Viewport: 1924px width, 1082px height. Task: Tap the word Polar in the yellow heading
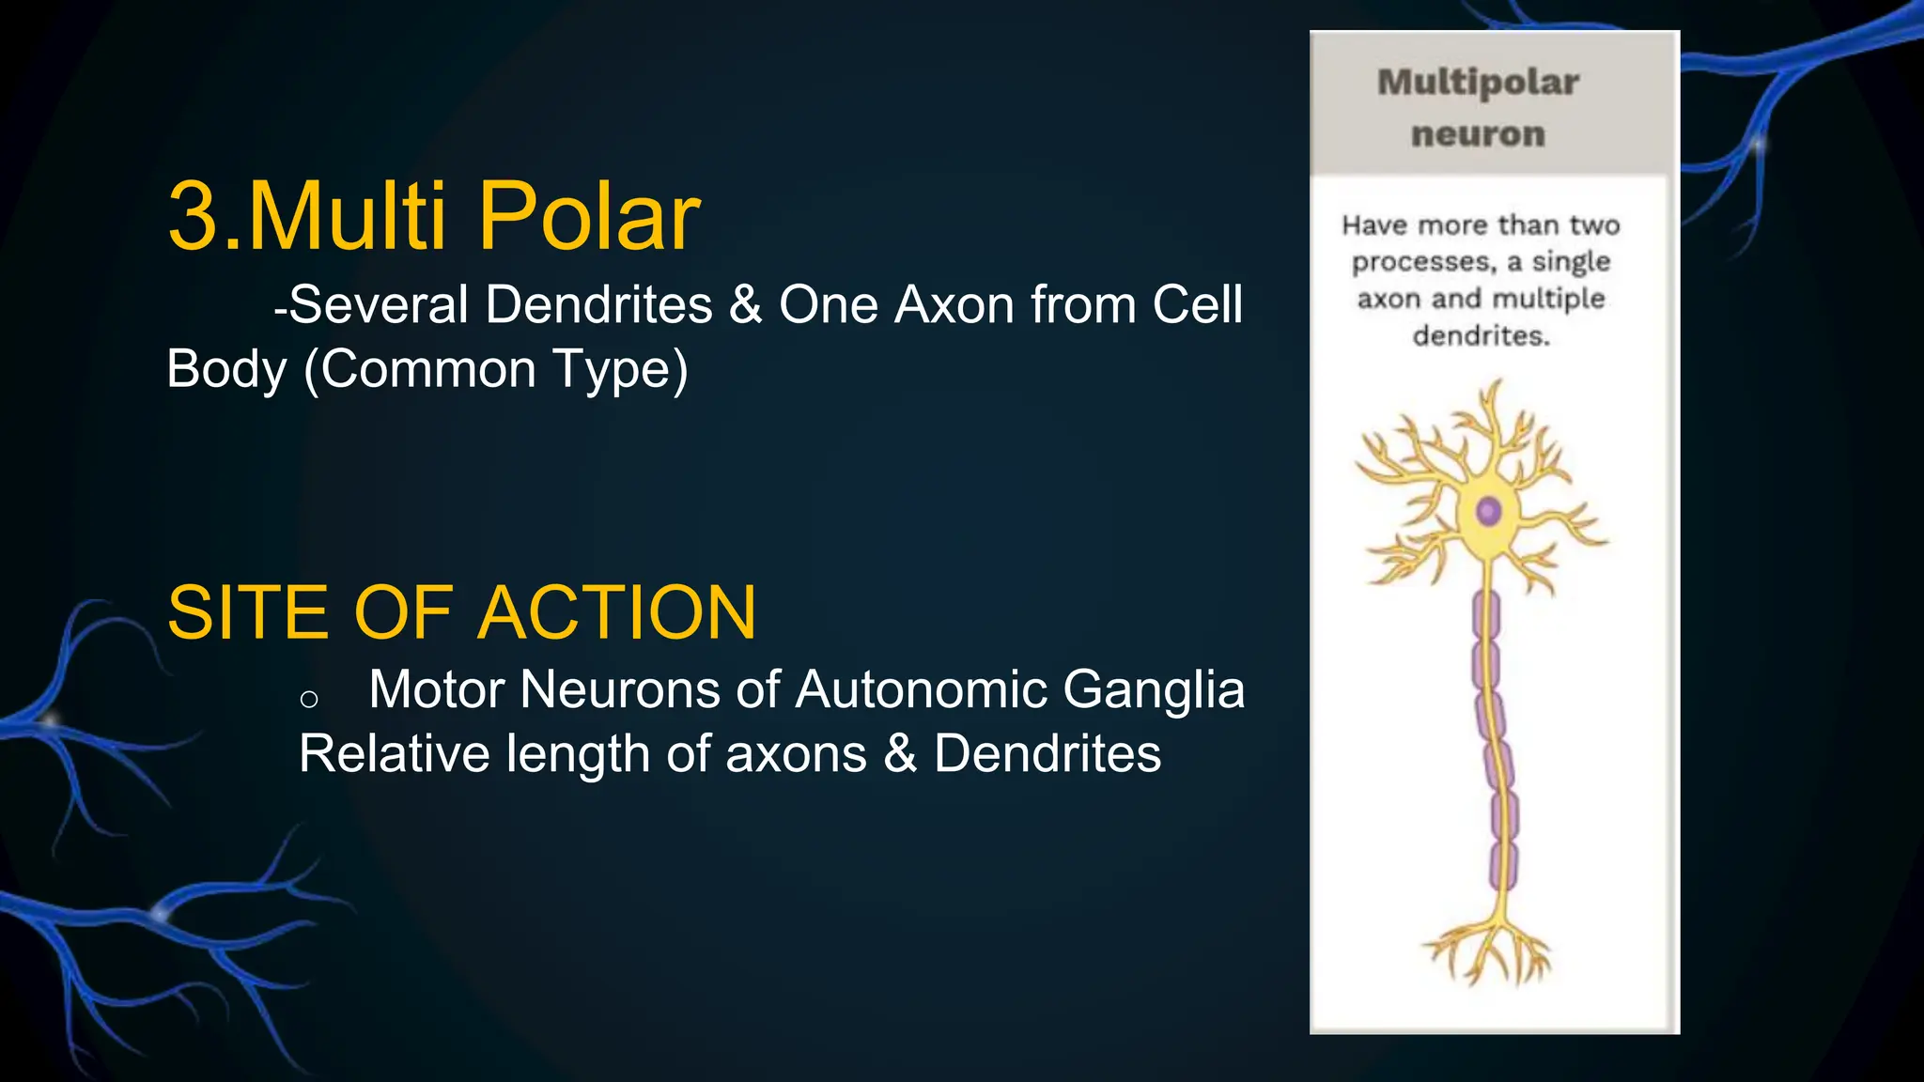pyautogui.click(x=589, y=217)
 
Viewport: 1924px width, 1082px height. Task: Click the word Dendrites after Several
pyautogui.click(x=598, y=305)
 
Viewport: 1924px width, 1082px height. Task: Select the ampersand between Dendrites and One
pyautogui.click(x=745, y=305)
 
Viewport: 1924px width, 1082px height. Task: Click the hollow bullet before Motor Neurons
pyautogui.click(x=309, y=699)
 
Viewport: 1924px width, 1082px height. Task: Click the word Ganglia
pyautogui.click(x=1154, y=690)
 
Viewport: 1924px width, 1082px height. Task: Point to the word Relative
pyautogui.click(x=394, y=754)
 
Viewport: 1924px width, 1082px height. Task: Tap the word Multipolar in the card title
pyautogui.click(x=1478, y=83)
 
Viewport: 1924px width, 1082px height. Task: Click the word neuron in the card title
pyautogui.click(x=1478, y=134)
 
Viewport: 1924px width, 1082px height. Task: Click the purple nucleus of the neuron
pyautogui.click(x=1488, y=512)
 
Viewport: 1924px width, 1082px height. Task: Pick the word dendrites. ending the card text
pyautogui.click(x=1481, y=335)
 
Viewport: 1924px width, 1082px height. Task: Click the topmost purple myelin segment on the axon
pyautogui.click(x=1485, y=615)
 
